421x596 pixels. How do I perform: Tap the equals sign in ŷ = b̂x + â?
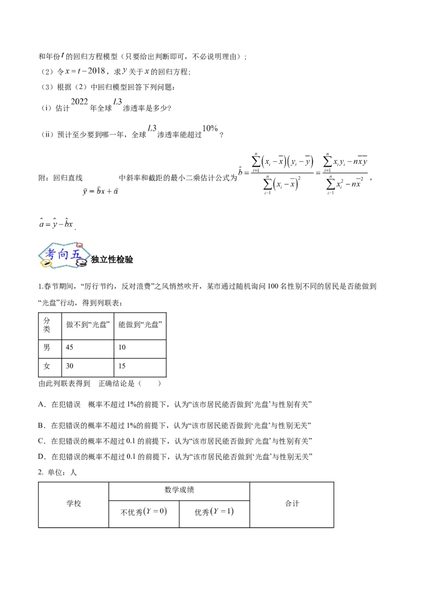pos(92,192)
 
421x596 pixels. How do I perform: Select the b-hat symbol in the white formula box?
pos(98,191)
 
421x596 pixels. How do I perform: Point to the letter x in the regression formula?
pos(103,192)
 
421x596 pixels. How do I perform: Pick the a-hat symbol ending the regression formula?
pos(116,192)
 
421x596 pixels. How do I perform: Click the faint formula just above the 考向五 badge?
pos(57,224)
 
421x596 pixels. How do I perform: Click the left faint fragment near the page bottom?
pos(155,511)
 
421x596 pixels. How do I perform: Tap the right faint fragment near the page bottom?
pos(221,511)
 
